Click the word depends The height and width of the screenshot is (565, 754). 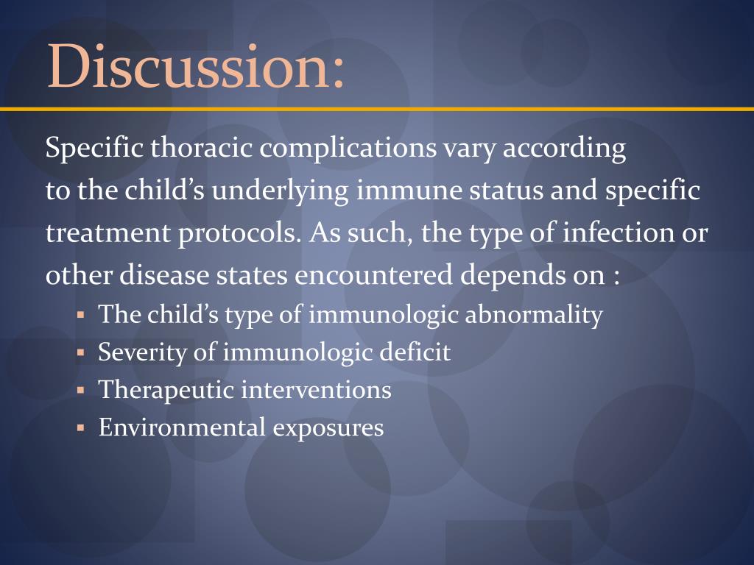point(513,277)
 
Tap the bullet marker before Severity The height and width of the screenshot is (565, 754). point(81,354)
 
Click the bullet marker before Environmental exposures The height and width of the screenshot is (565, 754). point(81,428)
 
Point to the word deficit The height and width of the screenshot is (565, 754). point(415,352)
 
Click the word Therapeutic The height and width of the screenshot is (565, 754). point(166,390)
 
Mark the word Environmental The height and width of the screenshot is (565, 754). point(181,427)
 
